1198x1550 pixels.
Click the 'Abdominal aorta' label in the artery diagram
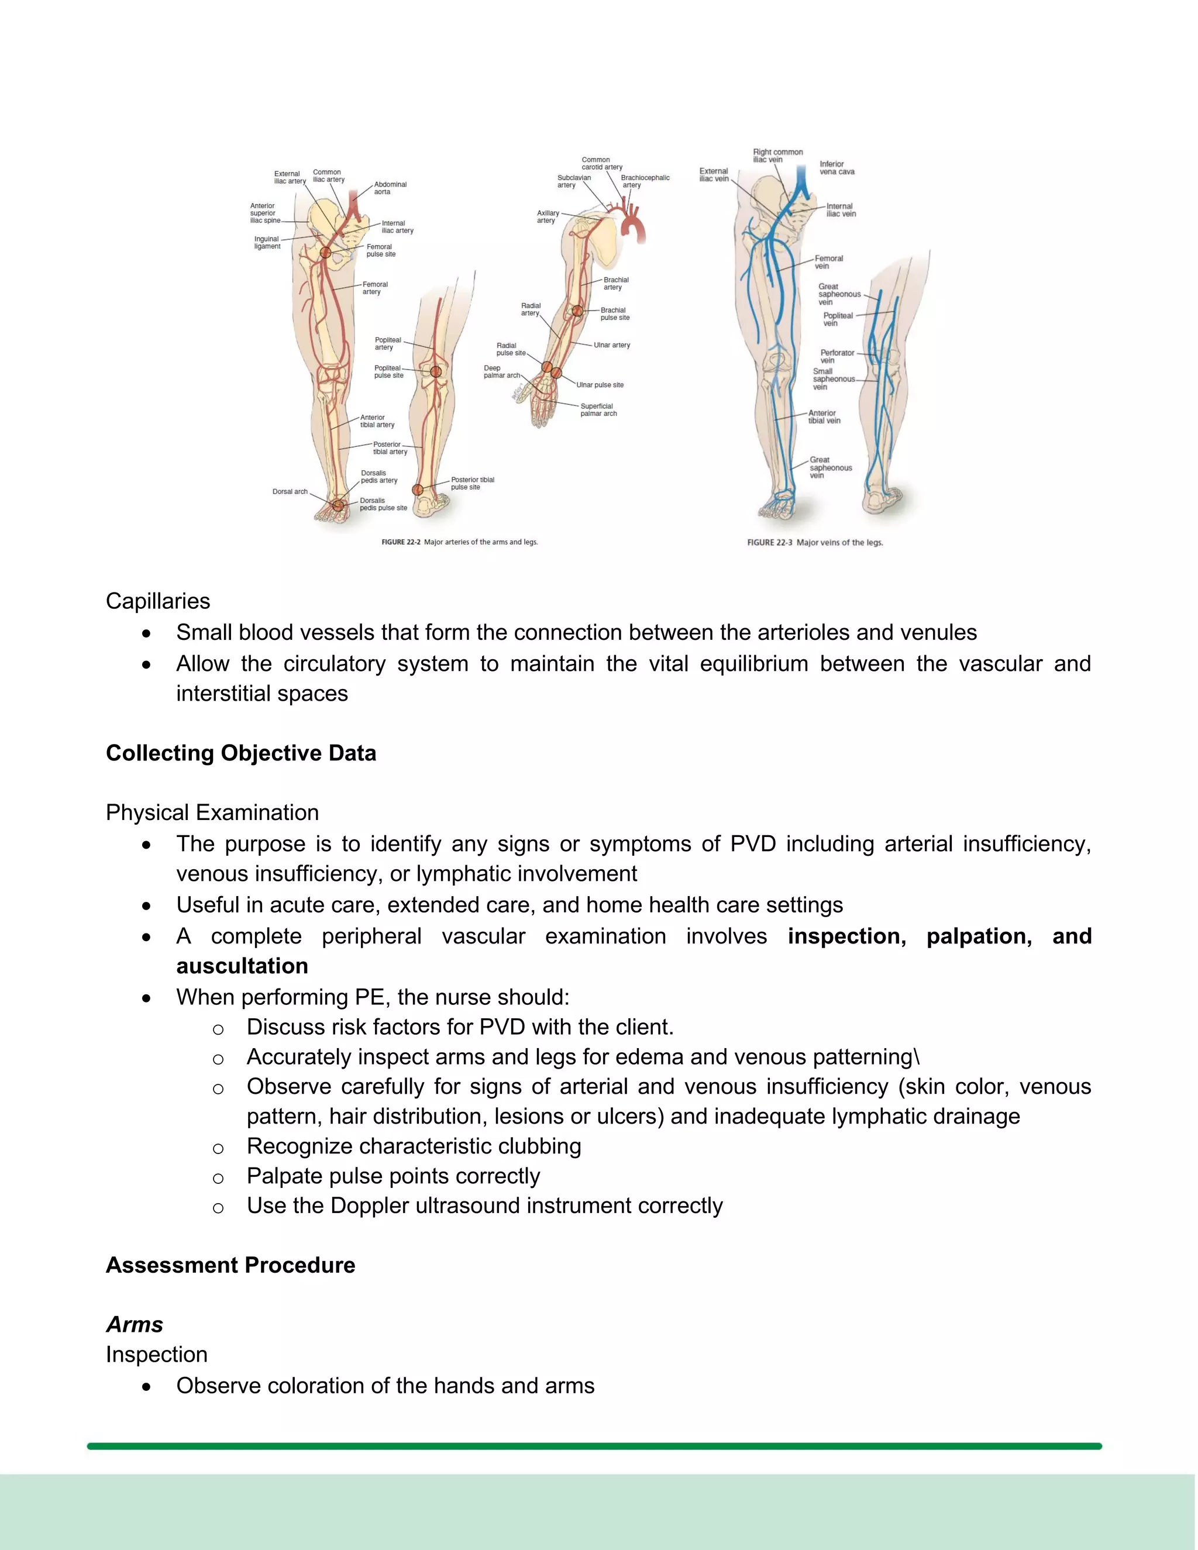click(x=390, y=188)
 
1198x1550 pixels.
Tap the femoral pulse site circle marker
click(x=326, y=252)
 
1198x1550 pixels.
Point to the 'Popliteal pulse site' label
click(x=388, y=371)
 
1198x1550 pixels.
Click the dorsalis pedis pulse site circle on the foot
click(x=339, y=505)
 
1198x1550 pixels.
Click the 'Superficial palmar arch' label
click(x=598, y=409)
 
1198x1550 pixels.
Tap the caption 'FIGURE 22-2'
click(x=401, y=542)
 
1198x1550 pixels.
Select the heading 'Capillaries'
click(x=157, y=601)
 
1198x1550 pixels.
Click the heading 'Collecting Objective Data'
click(x=240, y=753)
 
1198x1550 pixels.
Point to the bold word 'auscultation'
click(x=242, y=966)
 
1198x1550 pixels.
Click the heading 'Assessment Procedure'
click(x=230, y=1265)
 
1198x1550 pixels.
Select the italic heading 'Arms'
click(x=134, y=1325)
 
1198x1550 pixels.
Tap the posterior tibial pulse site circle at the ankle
click(x=418, y=490)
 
